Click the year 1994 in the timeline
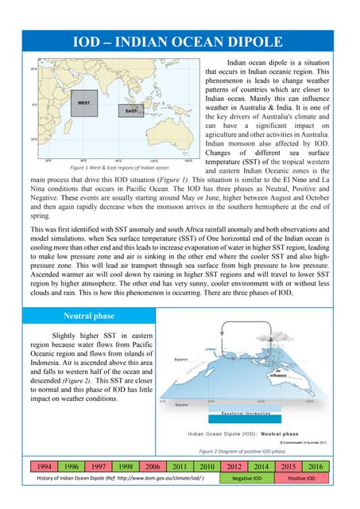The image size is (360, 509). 45,465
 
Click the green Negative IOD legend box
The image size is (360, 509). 246,479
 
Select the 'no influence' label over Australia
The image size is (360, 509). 300,372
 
